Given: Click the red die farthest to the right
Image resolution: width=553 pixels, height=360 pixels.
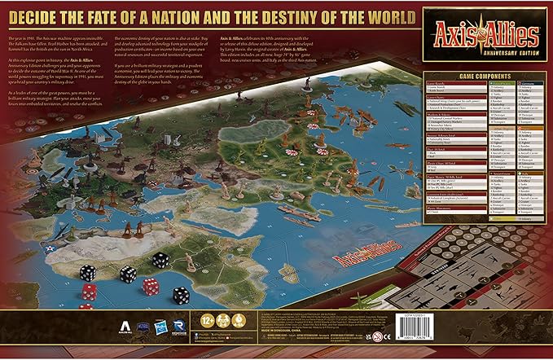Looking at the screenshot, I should click(151, 285).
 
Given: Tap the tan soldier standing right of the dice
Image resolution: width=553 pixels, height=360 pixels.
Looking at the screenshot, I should click(190, 260).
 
